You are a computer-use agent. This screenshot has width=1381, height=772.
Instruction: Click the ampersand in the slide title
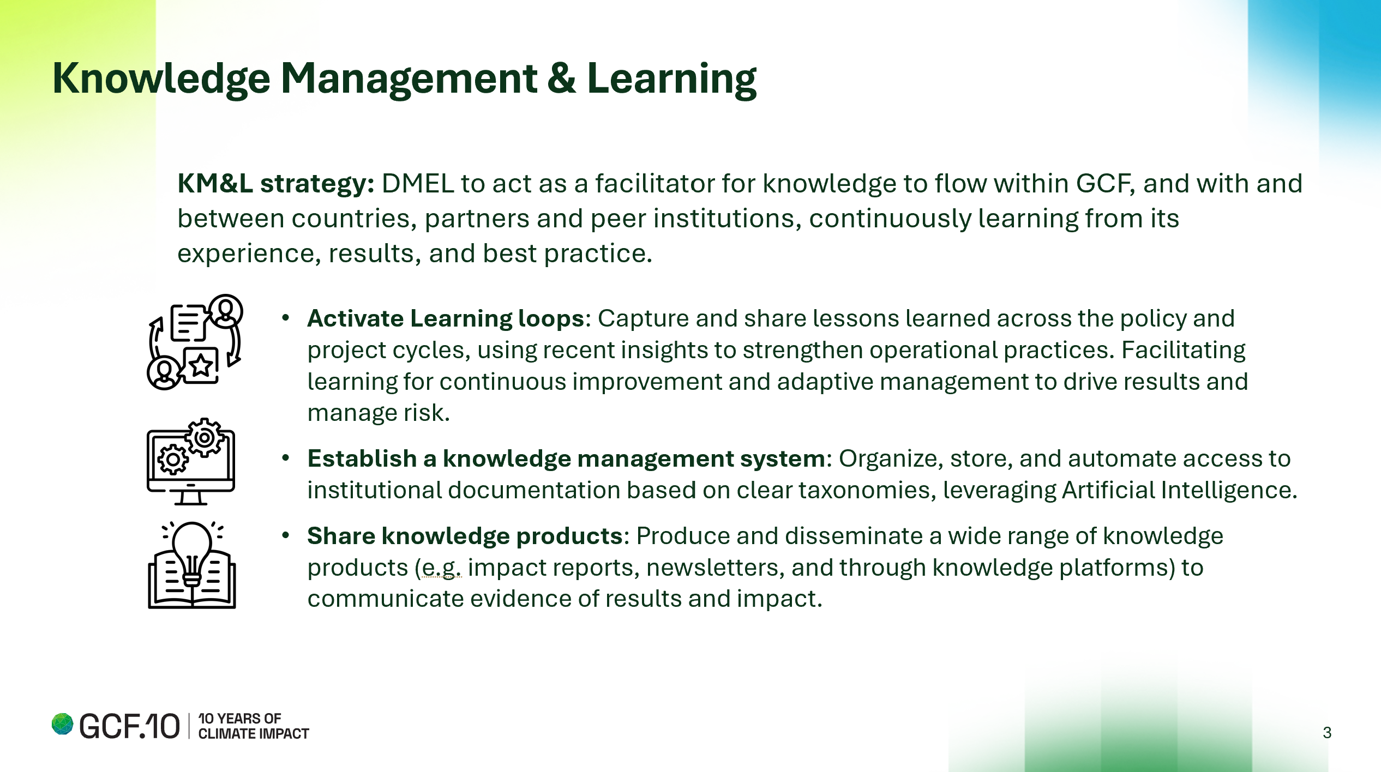click(562, 79)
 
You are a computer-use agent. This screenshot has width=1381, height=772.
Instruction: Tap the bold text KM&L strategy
click(276, 183)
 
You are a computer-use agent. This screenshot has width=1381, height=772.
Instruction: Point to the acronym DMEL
click(418, 184)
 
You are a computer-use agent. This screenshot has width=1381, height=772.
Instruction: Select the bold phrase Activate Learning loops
click(446, 318)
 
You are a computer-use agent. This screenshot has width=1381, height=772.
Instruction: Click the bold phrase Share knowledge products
click(465, 536)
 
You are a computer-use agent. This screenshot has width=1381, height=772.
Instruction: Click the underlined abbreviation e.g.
click(441, 568)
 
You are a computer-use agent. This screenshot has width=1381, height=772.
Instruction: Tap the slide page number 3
click(1327, 733)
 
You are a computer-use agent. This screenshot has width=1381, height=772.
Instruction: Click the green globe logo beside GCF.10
click(63, 725)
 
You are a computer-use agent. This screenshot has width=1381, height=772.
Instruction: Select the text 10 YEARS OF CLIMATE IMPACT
click(254, 726)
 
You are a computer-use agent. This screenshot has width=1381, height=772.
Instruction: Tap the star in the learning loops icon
click(201, 365)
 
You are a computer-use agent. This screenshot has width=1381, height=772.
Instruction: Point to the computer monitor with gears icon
click(191, 462)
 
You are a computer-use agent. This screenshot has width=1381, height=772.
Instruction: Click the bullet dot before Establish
click(285, 459)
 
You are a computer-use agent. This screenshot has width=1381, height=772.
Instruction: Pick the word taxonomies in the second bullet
click(864, 491)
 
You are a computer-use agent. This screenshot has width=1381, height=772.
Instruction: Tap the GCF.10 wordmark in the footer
click(129, 726)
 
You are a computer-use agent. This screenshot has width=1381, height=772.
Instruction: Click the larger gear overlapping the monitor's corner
click(205, 437)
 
